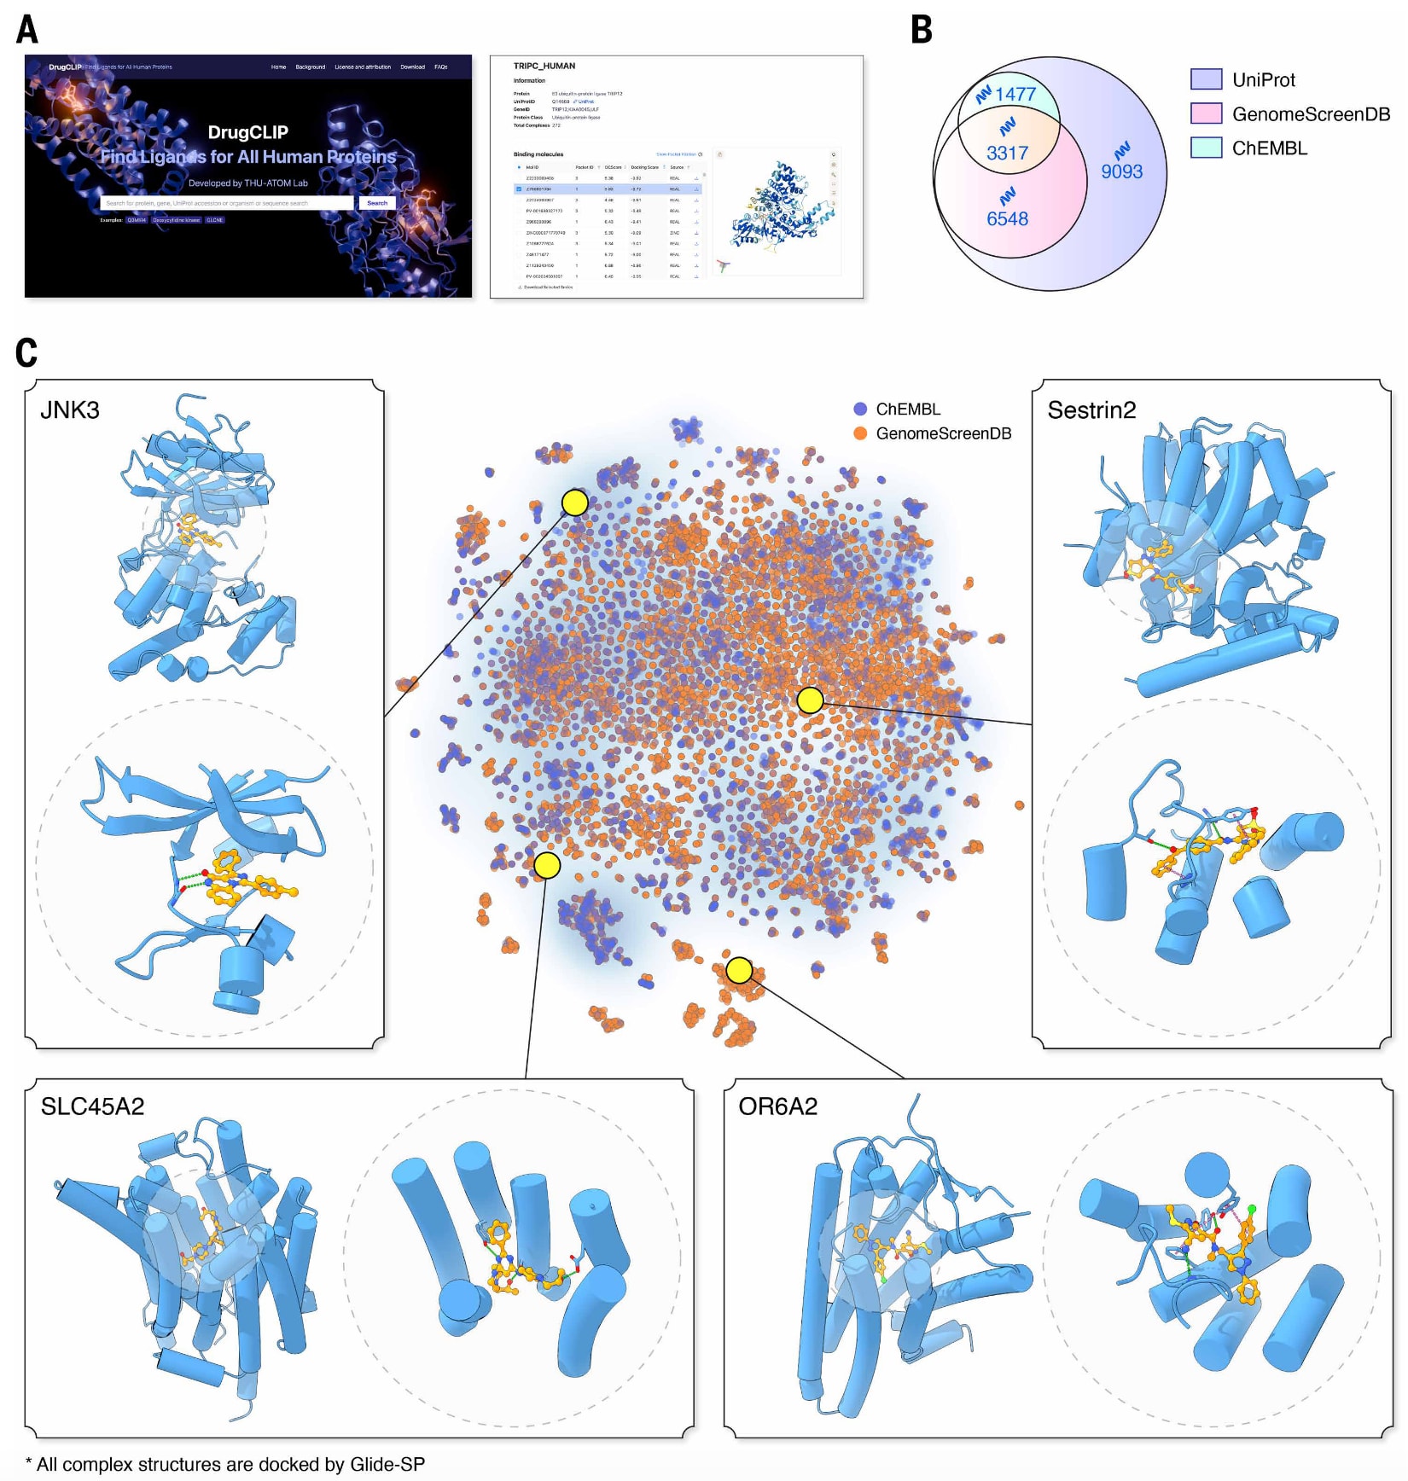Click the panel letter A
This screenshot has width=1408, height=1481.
[x=27, y=29]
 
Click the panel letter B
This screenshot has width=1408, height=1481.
[x=922, y=29]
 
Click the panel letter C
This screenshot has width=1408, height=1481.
[x=26, y=352]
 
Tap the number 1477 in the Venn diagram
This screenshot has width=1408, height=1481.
[x=1015, y=94]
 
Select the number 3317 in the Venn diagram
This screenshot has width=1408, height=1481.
[x=1007, y=153]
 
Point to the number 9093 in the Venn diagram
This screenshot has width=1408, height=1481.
[x=1121, y=171]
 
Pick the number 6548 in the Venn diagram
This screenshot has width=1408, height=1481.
[x=1007, y=218]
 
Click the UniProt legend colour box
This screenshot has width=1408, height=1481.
[x=1206, y=79]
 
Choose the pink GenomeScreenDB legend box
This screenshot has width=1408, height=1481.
[x=1206, y=113]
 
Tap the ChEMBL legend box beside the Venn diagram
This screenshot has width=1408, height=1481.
[x=1206, y=148]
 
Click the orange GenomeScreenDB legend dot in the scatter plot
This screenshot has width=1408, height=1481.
[x=860, y=433]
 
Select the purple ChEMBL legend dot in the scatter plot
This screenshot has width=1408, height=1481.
[x=860, y=409]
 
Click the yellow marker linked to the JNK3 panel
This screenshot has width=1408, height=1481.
[x=575, y=502]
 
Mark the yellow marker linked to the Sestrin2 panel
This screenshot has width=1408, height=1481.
[x=810, y=700]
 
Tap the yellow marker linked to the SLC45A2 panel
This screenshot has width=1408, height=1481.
[x=547, y=866]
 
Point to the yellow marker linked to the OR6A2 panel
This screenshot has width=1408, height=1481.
[x=739, y=970]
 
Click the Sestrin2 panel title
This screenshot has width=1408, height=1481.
[x=1091, y=410]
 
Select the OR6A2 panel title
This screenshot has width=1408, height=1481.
[x=777, y=1106]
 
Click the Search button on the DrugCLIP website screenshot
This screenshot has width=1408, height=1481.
[x=377, y=203]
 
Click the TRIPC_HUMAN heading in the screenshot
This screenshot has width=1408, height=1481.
[x=544, y=66]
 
